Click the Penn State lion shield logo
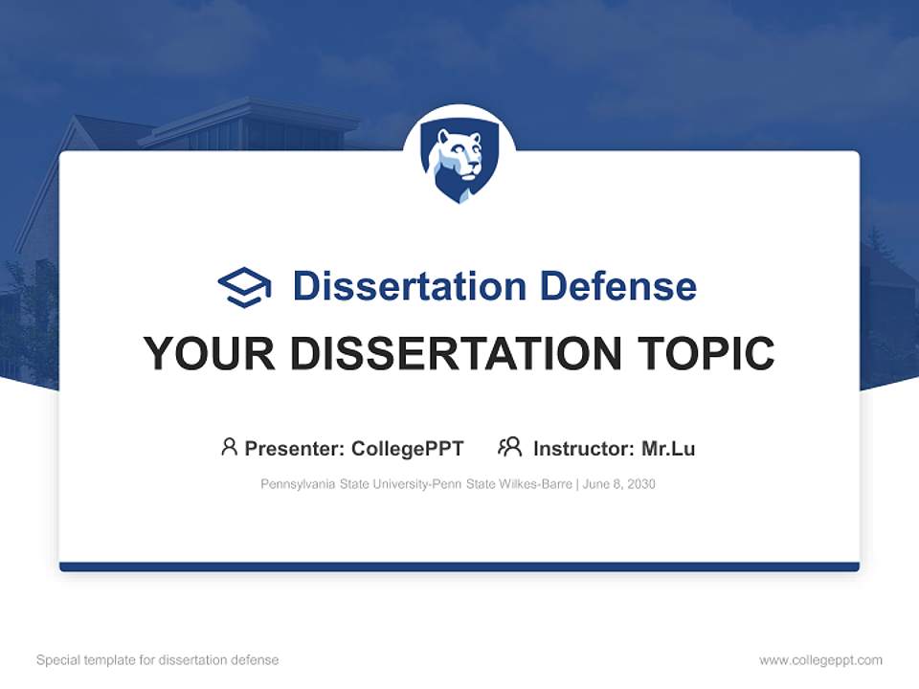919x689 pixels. coord(459,163)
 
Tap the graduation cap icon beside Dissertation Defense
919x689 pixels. coord(244,287)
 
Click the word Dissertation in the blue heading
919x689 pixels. coord(410,286)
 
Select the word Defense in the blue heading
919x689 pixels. coord(617,286)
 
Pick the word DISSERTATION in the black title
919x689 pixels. coord(456,353)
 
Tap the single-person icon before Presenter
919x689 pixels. coord(229,447)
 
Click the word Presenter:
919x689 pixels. coord(295,449)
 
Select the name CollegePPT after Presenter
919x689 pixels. coord(408,449)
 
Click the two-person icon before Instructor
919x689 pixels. coord(510,447)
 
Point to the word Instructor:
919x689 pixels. coord(584,449)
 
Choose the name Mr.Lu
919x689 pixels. coord(669,449)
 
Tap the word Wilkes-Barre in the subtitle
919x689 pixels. coord(535,484)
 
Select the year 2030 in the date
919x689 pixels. coord(641,484)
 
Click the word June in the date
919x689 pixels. coord(596,484)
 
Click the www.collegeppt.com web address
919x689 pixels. coord(820,660)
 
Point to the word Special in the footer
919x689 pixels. coord(58,660)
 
